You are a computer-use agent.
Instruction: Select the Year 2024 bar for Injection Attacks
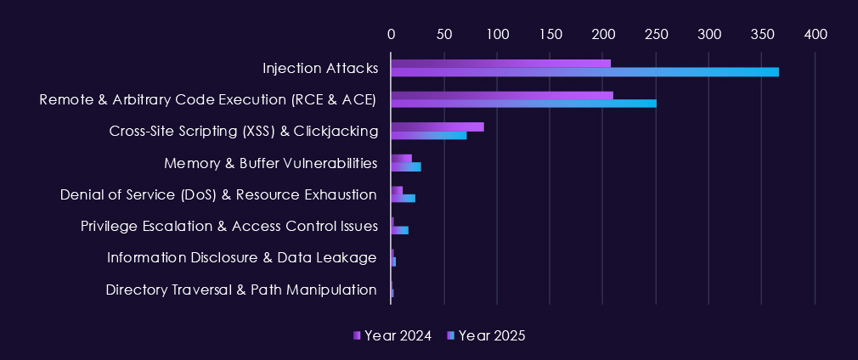coord(500,63)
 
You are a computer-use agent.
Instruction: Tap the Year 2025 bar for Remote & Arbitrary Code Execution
coord(523,104)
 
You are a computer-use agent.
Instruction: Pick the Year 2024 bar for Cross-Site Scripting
coord(437,127)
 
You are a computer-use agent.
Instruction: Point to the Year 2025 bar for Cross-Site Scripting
coord(428,135)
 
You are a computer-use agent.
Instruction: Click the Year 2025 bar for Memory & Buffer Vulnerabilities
coord(405,166)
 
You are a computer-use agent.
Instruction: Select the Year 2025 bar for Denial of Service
coord(403,199)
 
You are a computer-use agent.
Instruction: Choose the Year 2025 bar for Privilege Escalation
coord(399,230)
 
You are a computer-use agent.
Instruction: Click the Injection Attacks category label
coord(319,68)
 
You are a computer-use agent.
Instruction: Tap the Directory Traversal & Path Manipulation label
coord(241,290)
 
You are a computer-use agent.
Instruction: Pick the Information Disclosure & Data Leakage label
coord(242,257)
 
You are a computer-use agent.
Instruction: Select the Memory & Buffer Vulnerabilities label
coord(270,162)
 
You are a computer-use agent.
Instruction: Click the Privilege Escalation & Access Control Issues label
coord(229,226)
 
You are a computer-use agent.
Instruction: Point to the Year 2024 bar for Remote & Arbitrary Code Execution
coord(501,95)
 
